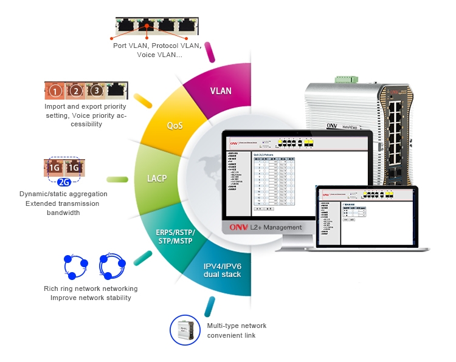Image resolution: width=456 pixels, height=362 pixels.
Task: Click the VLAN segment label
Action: pos(221,91)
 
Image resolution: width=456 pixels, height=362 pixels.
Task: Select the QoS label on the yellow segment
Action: pos(175,126)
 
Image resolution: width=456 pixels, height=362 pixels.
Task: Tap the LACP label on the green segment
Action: pos(157,179)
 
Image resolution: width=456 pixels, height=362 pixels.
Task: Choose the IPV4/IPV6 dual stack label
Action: pos(223,270)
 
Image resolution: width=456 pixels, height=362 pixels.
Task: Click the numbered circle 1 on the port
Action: pos(55,92)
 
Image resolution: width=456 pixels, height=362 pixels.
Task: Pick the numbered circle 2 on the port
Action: pos(76,92)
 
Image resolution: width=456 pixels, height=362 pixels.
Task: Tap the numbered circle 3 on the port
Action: pos(96,92)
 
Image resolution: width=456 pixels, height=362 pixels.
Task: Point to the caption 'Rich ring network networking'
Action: pos(91,289)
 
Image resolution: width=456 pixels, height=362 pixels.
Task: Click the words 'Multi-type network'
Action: pos(237,326)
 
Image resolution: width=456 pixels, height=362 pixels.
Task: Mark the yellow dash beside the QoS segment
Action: pos(143,100)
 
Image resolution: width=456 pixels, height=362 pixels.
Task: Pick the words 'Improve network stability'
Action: pos(91,298)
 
